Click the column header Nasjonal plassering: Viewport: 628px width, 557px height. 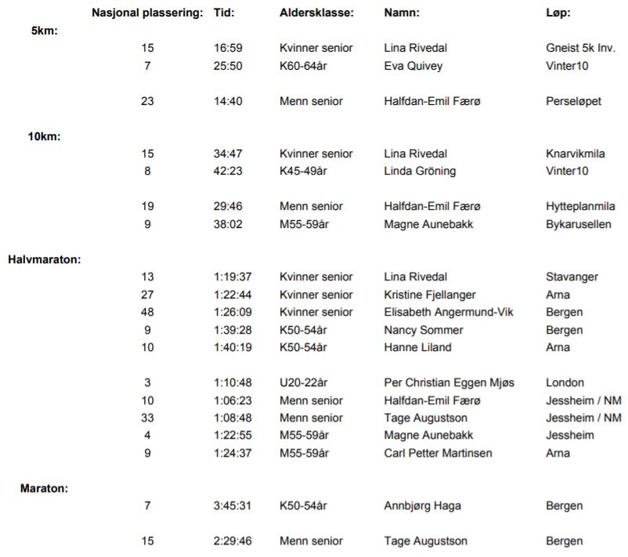[x=147, y=13]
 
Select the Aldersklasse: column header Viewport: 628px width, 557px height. [x=316, y=13]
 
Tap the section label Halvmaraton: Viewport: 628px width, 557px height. [x=44, y=259]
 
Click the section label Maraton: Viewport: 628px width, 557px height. [x=44, y=488]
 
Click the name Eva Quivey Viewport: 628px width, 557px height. [x=413, y=66]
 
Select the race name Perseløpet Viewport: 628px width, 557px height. [x=573, y=101]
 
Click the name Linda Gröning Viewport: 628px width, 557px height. [x=420, y=171]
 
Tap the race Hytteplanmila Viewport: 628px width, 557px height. [x=578, y=206]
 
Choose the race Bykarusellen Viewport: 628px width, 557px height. [x=578, y=224]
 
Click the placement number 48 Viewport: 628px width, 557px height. [x=147, y=312]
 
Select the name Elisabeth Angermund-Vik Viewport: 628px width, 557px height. [x=449, y=312]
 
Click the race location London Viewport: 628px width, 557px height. [x=565, y=382]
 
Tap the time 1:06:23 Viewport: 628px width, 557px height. [x=232, y=400]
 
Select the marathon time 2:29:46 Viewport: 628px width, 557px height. [x=232, y=541]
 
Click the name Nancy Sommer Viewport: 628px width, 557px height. [x=423, y=330]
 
